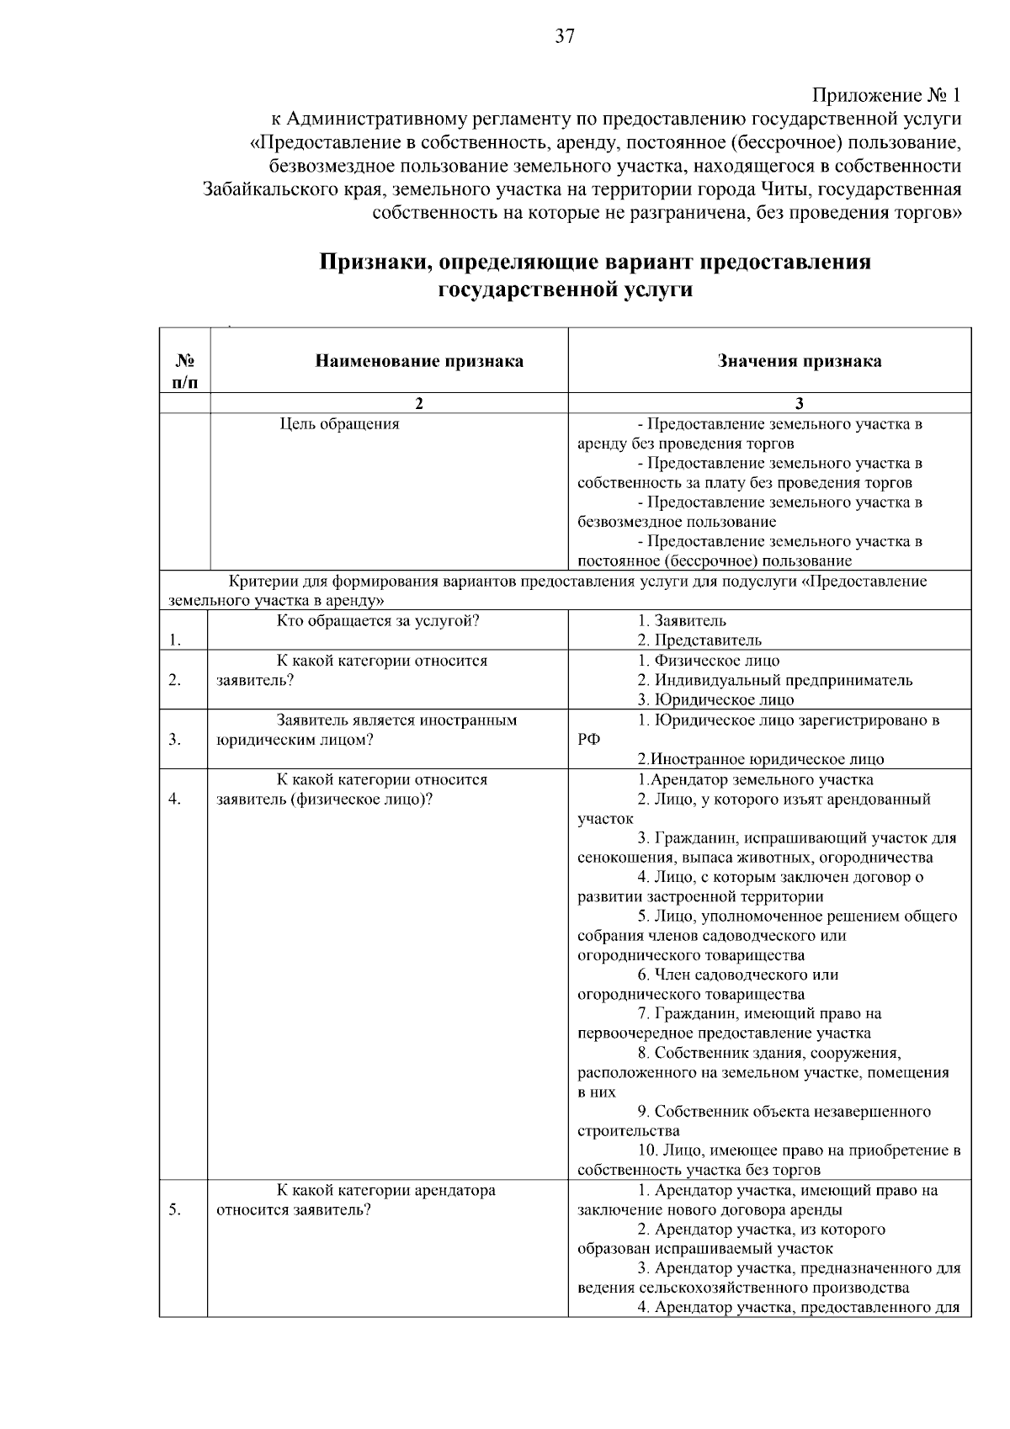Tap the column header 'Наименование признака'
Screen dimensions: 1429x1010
pyautogui.click(x=419, y=362)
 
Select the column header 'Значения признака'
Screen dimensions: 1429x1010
pyautogui.click(x=800, y=362)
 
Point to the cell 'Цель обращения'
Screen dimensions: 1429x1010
pyautogui.click(x=339, y=424)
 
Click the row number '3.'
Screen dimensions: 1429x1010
pyautogui.click(x=174, y=740)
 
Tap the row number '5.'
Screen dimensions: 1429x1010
pyautogui.click(x=174, y=1210)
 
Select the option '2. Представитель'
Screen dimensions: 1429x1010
pyautogui.click(x=699, y=640)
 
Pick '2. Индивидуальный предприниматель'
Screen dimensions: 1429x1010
pyautogui.click(x=774, y=680)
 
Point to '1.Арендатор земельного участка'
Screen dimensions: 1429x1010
pyautogui.click(x=755, y=779)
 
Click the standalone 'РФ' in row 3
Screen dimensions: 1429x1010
pyautogui.click(x=588, y=740)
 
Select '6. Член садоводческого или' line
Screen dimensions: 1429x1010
pyautogui.click(x=737, y=975)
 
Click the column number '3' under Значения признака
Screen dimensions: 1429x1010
pyautogui.click(x=800, y=403)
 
